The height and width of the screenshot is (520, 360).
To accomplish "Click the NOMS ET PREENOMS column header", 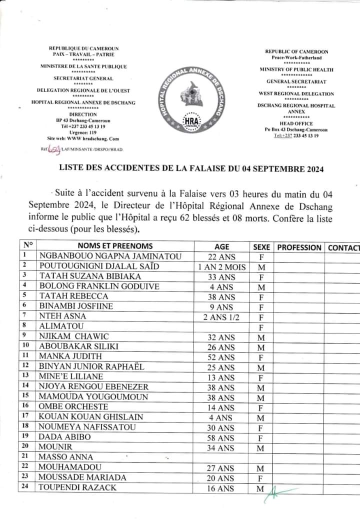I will [115, 246].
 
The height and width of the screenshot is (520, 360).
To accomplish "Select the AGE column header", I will [221, 247].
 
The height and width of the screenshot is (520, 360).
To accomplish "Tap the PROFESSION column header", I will [299, 247].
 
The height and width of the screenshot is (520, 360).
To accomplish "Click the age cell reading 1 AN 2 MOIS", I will [221, 266].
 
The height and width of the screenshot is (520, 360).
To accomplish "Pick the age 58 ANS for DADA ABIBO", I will [221, 437].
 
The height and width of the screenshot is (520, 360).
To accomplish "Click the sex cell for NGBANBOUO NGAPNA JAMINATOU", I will [261, 257].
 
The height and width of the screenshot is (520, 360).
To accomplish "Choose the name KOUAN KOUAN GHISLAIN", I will [91, 417].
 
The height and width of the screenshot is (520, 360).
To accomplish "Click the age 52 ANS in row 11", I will [221, 356].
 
